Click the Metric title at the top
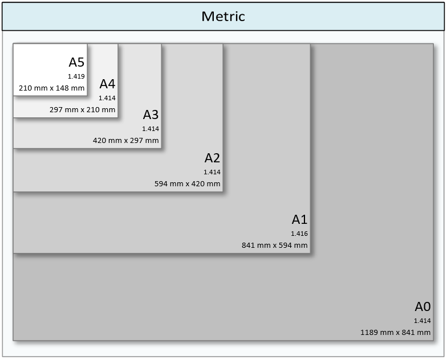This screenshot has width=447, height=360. [x=223, y=16]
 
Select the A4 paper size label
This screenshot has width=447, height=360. [x=107, y=84]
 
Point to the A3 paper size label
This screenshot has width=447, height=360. [x=151, y=115]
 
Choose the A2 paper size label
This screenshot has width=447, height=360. [x=212, y=158]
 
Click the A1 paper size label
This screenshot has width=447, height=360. [x=300, y=220]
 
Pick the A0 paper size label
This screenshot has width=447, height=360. [x=422, y=306]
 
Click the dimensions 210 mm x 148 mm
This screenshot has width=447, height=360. [x=52, y=88]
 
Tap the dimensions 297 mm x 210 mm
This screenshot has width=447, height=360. [x=83, y=110]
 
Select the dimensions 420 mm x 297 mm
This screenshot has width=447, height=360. [x=126, y=141]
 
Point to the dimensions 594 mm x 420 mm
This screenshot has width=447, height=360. [x=188, y=184]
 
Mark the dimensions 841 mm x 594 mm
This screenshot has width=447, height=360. [x=275, y=246]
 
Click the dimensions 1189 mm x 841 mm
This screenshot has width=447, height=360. [x=395, y=332]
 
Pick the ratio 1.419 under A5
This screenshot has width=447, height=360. [x=76, y=76]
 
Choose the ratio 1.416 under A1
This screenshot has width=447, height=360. [x=299, y=234]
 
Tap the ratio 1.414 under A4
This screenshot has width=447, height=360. [x=107, y=98]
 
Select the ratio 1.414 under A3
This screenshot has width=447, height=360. [x=151, y=129]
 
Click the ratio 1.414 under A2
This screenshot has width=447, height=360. [x=212, y=172]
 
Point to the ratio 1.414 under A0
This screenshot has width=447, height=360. [x=422, y=321]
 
